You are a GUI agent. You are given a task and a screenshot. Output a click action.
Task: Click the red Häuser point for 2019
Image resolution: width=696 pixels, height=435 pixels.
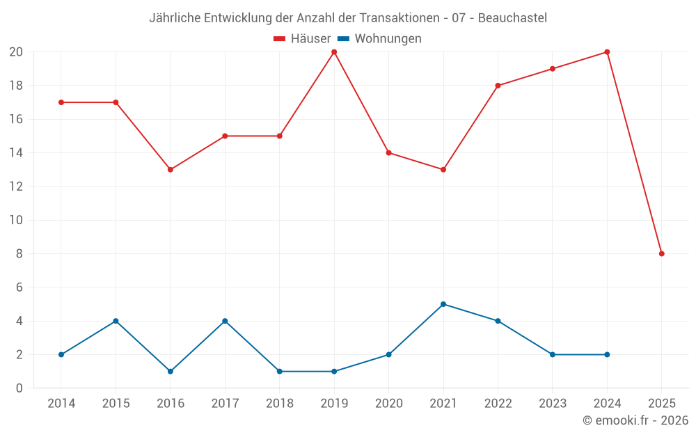[x=334, y=52]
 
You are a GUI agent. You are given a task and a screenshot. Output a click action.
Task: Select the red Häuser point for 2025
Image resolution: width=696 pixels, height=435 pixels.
[x=662, y=254]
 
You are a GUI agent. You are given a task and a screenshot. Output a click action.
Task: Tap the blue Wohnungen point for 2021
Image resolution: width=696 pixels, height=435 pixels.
[x=443, y=304]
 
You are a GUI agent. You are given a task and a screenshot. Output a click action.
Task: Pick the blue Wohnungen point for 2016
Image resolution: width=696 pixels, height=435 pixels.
[x=171, y=372]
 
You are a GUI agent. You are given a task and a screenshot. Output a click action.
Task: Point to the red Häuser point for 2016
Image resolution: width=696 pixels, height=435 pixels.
[x=171, y=170]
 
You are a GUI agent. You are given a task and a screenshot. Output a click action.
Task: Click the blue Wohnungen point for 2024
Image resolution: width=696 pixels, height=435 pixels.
[x=607, y=355]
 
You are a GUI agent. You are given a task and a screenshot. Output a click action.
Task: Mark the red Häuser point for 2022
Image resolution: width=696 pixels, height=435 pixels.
[x=498, y=86]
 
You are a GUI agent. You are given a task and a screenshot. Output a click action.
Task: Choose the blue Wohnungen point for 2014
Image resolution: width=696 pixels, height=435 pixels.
[x=61, y=355]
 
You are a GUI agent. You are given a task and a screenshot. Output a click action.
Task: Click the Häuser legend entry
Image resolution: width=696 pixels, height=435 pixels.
[x=302, y=39]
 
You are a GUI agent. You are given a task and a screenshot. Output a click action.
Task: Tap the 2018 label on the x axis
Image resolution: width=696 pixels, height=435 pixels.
[x=280, y=404]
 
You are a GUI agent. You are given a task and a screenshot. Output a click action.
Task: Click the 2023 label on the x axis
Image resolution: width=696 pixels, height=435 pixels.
[x=553, y=404]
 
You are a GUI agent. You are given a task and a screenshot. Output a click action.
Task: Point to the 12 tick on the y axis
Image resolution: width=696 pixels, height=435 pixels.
[x=16, y=187]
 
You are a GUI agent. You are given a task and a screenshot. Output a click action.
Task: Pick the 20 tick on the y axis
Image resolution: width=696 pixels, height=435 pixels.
[x=16, y=52]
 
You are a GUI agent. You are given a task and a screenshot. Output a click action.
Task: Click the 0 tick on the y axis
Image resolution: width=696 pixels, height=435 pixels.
[x=19, y=388]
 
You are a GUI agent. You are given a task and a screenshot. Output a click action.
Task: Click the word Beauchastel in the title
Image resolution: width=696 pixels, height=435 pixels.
[x=512, y=17]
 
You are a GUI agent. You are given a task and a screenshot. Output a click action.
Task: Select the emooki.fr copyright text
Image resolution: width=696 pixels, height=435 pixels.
[x=635, y=420]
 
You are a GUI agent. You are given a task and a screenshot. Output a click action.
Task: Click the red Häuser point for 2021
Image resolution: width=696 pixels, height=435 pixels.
[x=443, y=170]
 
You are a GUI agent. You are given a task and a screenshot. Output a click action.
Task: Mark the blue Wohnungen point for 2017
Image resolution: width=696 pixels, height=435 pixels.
[x=225, y=321]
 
